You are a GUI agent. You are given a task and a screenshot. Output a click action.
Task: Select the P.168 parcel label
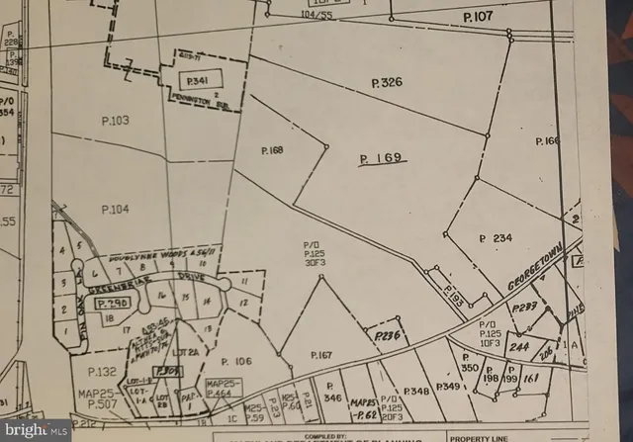tap(272, 150)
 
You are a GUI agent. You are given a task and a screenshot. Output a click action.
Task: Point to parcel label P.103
tap(115, 120)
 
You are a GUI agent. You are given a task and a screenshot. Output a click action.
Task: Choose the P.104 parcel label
tap(115, 209)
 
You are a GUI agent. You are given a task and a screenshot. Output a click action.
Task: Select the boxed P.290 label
tap(115, 303)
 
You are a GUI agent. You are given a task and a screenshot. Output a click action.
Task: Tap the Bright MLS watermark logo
tap(36, 428)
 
